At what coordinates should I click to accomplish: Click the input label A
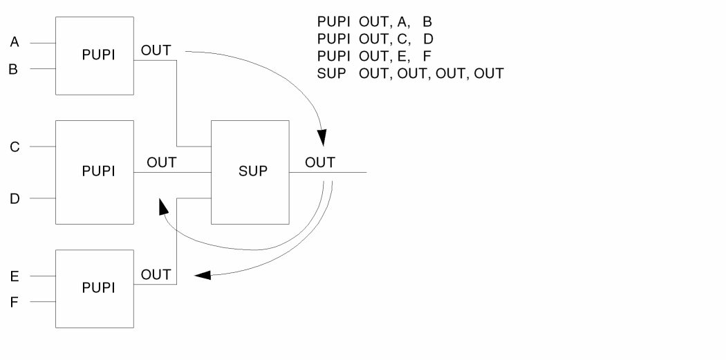15,43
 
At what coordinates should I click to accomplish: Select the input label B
14,69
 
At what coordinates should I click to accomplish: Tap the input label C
15,147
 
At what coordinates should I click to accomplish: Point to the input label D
15,199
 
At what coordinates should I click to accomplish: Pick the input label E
15,276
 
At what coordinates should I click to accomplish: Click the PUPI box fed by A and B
94,56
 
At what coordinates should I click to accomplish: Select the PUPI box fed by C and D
94,172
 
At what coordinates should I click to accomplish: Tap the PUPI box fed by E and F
94,289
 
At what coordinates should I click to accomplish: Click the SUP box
250,172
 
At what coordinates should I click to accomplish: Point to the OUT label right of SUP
320,163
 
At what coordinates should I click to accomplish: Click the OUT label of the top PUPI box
156,50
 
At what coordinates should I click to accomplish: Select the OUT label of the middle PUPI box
162,163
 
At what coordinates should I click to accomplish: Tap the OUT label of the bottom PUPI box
156,274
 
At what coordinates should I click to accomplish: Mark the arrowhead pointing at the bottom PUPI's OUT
202,276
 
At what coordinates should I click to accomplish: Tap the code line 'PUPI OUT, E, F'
374,55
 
